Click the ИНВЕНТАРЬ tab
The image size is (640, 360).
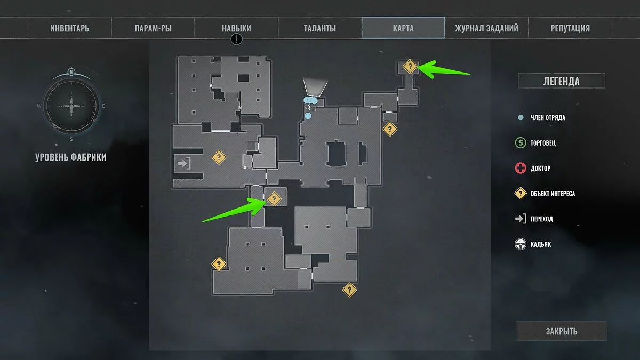click(70, 28)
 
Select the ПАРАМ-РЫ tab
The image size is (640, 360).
click(153, 28)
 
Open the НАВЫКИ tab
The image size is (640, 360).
click(236, 28)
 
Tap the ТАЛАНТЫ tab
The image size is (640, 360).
click(319, 28)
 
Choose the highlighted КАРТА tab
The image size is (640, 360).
click(403, 28)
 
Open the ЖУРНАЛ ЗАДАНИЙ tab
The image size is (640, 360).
click(486, 28)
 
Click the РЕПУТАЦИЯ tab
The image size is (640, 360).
click(570, 28)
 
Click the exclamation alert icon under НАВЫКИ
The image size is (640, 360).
click(237, 39)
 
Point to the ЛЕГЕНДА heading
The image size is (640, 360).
click(561, 81)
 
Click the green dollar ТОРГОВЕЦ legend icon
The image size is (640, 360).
click(521, 143)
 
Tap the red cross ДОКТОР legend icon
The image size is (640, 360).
click(521, 169)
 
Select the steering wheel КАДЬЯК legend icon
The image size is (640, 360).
click(521, 244)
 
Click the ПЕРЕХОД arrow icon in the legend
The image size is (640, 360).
click(521, 219)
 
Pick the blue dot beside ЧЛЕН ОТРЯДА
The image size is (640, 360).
click(521, 118)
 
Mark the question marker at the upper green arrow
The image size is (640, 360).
click(410, 67)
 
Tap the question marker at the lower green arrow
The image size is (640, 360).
click(274, 199)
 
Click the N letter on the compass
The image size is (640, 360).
click(71, 72)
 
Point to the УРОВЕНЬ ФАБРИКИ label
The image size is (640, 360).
click(71, 157)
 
